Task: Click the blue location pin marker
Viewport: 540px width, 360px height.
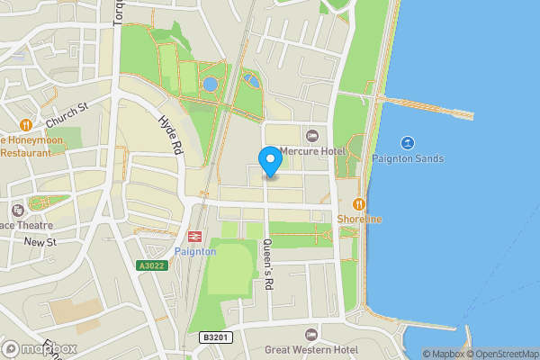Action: (x=270, y=160)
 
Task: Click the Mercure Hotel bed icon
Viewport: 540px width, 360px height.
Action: (x=312, y=135)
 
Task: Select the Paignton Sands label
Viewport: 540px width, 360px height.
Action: (x=406, y=159)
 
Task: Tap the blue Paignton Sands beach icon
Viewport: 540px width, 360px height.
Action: (x=407, y=143)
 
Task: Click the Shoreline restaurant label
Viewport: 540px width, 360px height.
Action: (x=359, y=219)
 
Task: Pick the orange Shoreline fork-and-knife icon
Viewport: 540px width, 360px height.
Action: (x=359, y=204)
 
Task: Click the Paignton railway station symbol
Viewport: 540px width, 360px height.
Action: (x=193, y=236)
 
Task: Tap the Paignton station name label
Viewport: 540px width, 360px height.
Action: (x=195, y=251)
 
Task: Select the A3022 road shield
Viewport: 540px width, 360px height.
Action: (x=152, y=265)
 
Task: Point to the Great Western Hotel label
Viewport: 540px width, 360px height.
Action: (x=310, y=349)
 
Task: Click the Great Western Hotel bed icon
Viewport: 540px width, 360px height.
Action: (x=312, y=334)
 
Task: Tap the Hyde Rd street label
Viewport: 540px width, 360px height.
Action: (x=171, y=134)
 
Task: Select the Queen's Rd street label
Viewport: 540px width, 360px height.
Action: (x=267, y=263)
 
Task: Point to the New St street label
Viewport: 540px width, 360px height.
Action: (x=40, y=242)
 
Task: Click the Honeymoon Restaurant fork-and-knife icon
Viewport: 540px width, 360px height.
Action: (x=26, y=125)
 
